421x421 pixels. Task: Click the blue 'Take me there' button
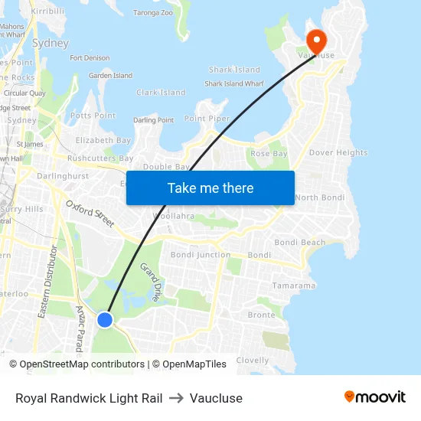(210, 188)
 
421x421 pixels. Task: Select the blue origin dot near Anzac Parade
(105, 319)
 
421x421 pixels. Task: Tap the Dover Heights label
(338, 152)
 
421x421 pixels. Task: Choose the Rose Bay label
(269, 154)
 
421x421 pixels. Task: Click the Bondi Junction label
(201, 255)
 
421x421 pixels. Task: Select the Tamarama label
(293, 286)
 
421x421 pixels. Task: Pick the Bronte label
(261, 315)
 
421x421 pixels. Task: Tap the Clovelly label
(253, 360)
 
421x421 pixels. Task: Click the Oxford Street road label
(90, 214)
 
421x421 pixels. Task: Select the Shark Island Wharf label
(234, 84)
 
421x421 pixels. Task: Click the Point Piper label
(207, 119)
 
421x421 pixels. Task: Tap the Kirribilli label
(48, 11)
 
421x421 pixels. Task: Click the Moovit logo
(374, 397)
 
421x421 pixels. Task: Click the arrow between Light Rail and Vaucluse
(176, 398)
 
